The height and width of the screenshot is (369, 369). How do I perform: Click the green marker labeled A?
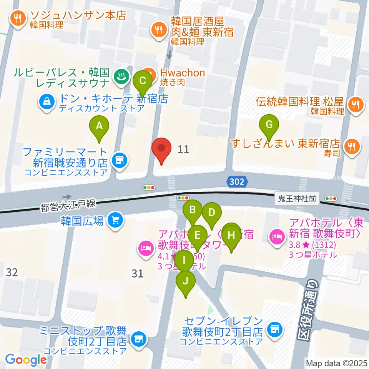pos(99,126)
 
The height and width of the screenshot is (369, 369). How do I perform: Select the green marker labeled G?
pos(269,125)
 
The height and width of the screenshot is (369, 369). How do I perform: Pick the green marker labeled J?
pos(186,281)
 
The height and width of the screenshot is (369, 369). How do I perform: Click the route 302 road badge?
pos(237,181)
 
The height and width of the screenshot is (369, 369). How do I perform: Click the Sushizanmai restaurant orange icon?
pos(351,145)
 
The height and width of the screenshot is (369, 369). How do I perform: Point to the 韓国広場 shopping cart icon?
pos(114,221)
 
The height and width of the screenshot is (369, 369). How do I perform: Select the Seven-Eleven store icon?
pos(274,329)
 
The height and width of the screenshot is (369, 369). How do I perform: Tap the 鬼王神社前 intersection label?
pos(298,199)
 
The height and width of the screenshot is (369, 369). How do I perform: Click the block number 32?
pos(12,273)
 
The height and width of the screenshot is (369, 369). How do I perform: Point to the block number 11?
pos(184,149)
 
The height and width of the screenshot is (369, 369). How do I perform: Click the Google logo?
pos(26,360)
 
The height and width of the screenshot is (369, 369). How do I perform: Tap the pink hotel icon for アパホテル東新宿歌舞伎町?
pos(276,234)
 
